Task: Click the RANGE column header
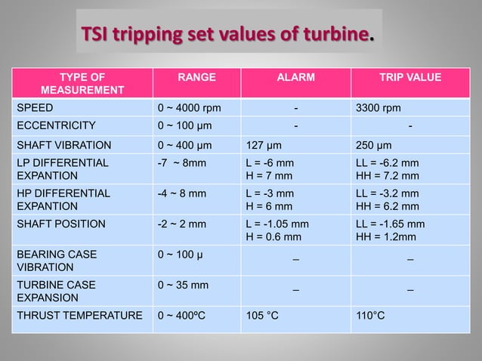point(196,77)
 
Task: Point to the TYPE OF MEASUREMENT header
point(82,84)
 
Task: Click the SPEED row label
point(36,108)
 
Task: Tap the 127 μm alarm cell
point(264,145)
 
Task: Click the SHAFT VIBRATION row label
point(64,145)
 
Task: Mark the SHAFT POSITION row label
point(61,224)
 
